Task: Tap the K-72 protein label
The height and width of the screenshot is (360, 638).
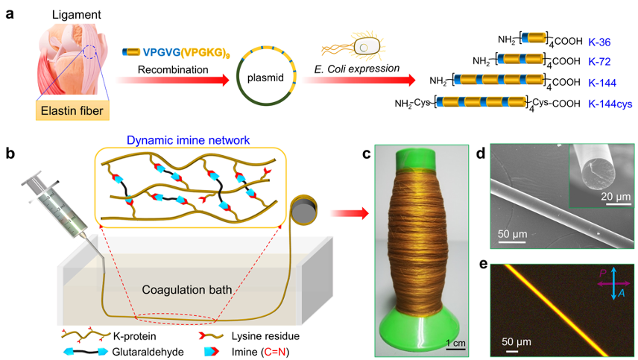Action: click(601, 61)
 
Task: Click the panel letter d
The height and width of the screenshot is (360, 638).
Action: click(481, 154)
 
